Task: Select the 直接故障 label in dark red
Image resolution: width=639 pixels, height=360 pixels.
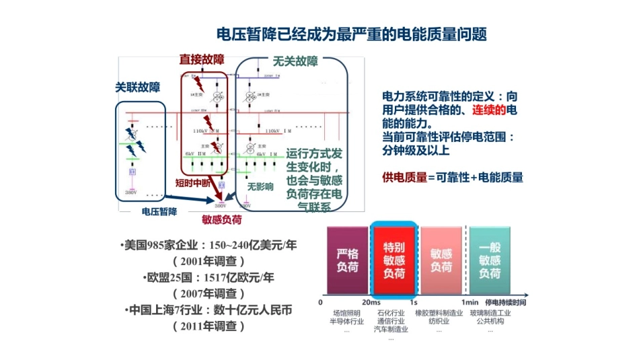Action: (201, 60)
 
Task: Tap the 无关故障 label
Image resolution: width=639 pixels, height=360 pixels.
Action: (295, 61)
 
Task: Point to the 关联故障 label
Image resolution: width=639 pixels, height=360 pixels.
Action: (137, 87)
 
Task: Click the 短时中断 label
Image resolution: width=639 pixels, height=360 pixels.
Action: (194, 182)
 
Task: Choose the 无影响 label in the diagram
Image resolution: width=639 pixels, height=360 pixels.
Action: (260, 186)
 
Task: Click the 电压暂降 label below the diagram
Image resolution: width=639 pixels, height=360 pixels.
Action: (159, 211)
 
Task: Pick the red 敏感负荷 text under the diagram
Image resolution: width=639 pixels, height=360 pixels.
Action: (222, 219)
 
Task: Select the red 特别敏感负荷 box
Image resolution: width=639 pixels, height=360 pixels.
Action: (394, 260)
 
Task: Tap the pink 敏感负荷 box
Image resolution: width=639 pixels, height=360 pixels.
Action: (441, 260)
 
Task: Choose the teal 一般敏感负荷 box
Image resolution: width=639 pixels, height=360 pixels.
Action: (490, 260)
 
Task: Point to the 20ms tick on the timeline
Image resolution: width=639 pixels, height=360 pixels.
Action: (371, 302)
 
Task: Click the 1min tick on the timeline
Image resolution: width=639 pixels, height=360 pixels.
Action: (469, 302)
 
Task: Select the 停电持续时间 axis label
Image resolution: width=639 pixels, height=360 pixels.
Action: (505, 302)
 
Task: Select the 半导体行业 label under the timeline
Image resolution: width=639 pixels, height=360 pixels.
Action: (346, 321)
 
